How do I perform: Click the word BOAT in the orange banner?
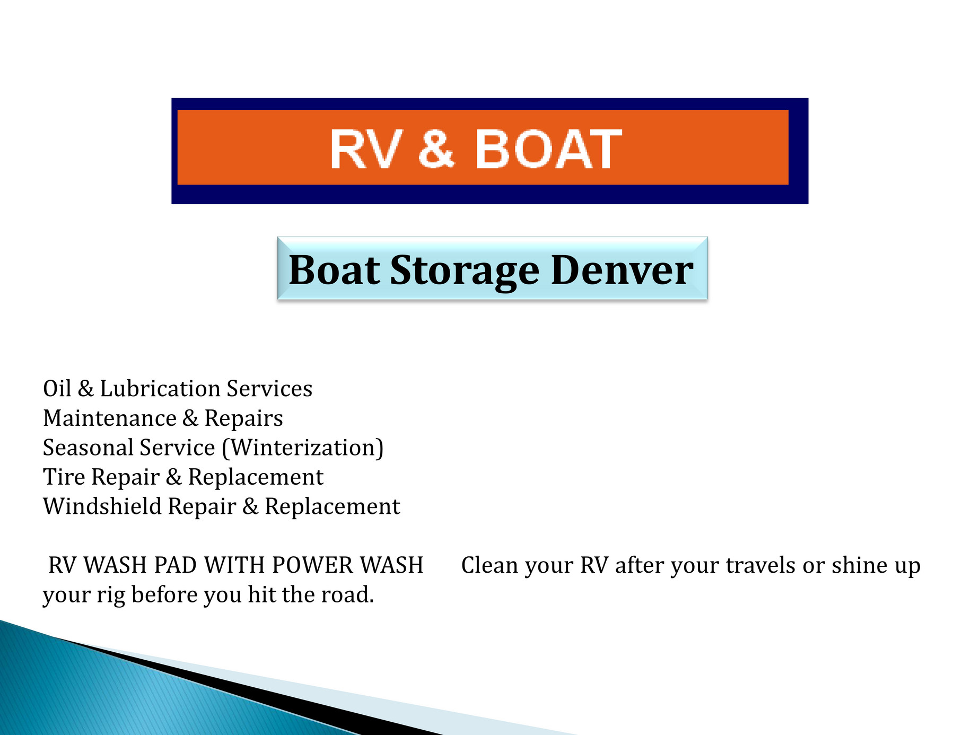coord(548,150)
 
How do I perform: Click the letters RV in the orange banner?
coord(364,150)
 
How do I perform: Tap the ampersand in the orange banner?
coord(436,150)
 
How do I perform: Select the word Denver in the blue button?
coord(622,270)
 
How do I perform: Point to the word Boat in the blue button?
coord(334,270)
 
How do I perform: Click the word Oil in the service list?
coord(57,389)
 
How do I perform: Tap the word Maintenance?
coord(109,418)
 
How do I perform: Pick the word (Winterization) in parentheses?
coord(302,448)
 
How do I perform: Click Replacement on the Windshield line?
coord(332,506)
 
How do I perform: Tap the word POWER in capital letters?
coord(312,565)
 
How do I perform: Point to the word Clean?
coord(489,565)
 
